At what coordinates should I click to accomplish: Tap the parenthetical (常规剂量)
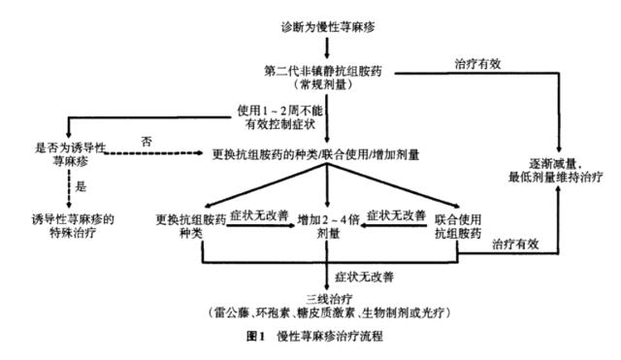tap(328, 85)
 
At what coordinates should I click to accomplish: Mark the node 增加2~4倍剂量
tap(328, 224)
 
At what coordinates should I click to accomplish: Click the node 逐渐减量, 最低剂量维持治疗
tap(559, 173)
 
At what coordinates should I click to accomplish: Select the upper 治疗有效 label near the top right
tap(477, 64)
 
